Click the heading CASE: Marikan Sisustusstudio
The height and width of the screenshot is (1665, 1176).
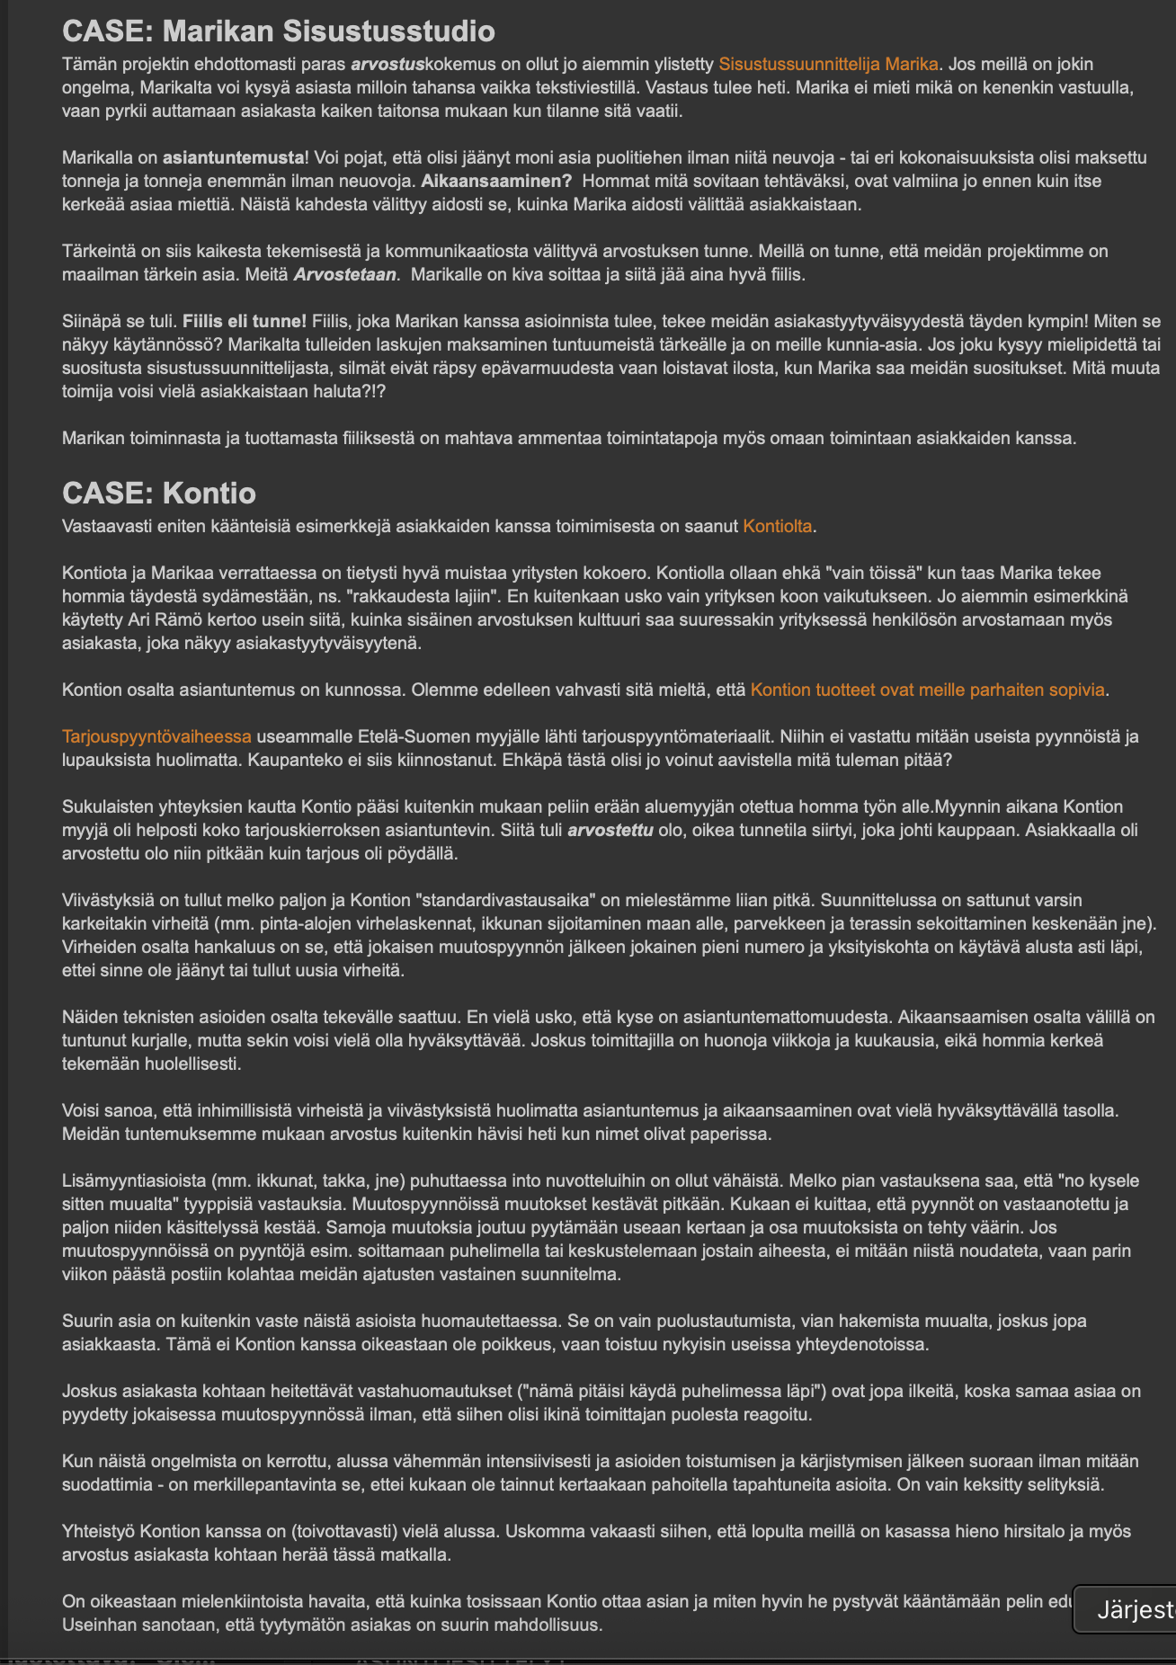[x=278, y=31]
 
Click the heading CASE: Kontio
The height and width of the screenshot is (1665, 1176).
[x=159, y=493]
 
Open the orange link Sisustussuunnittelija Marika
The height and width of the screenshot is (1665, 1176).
[x=828, y=64]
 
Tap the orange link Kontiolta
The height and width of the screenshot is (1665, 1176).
[x=778, y=526]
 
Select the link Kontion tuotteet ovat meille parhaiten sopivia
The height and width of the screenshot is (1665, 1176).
[x=927, y=690]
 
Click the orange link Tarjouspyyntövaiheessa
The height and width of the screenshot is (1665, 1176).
[x=156, y=736]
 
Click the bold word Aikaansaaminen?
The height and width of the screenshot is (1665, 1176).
[x=497, y=181]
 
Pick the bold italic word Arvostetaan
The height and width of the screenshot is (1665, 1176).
[x=345, y=274]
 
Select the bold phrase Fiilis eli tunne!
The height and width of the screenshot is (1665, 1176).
[x=245, y=321]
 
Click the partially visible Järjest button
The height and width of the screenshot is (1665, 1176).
[x=1127, y=1610]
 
